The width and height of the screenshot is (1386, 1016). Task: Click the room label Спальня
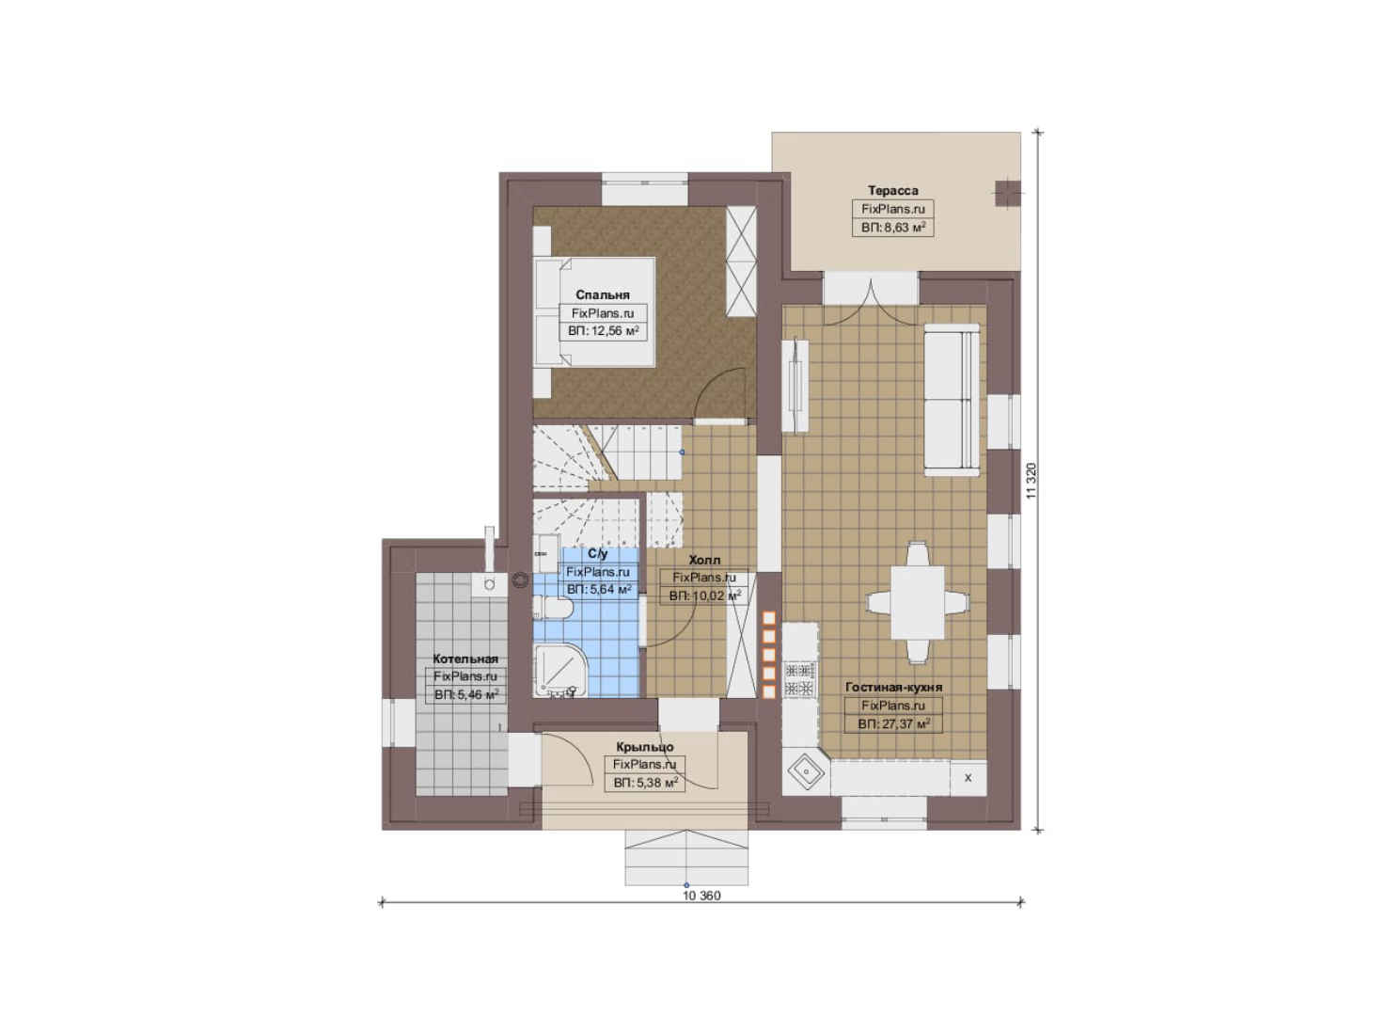[x=602, y=294]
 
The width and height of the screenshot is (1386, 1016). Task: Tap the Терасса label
[x=892, y=190]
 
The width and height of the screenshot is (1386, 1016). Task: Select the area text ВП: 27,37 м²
[x=893, y=723]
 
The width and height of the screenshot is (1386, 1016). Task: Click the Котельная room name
[x=465, y=659]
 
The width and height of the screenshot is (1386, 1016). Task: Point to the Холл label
[x=704, y=560]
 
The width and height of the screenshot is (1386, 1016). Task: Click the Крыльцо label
[x=645, y=747]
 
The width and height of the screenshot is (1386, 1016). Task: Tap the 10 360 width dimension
[x=701, y=896]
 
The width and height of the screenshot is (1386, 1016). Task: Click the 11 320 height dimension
[x=1031, y=481]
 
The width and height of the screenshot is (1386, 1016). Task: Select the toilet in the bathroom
[x=553, y=608]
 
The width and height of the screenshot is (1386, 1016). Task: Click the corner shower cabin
[x=559, y=671]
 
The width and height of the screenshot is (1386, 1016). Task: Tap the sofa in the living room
[x=952, y=399]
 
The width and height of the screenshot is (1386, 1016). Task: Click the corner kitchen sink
[x=805, y=771]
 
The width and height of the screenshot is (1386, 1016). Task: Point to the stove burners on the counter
[x=799, y=678]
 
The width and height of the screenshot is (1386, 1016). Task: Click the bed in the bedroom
[x=594, y=312]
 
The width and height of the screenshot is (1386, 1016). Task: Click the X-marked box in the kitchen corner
[x=969, y=778]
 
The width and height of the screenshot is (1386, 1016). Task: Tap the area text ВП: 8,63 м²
[x=893, y=228]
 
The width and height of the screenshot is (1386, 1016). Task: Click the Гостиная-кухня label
[x=893, y=688]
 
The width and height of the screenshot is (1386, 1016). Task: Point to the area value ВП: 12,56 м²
[x=603, y=330]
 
